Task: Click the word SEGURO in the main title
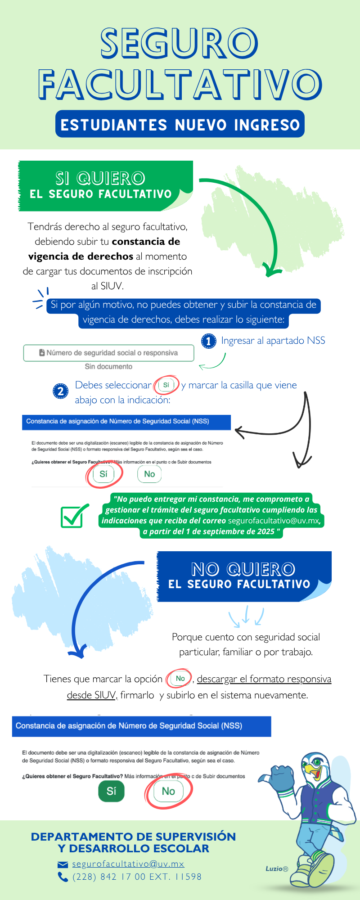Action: pos(180,43)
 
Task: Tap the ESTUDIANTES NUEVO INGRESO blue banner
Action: pos(180,124)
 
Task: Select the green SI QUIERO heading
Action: pos(100,178)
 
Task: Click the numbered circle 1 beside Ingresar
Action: pos(208,341)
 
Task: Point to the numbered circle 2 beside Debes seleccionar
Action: pos(60,391)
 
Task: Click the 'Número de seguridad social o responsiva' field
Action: pos(108,353)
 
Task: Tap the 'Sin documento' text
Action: pos(108,367)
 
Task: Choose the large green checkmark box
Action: pos(73,517)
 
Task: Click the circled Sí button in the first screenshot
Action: pos(103,474)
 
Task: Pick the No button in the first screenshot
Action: pos(149,474)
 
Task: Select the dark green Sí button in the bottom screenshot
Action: pos(111,791)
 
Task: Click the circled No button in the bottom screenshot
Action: pos(168,791)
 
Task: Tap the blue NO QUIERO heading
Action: pos(243,569)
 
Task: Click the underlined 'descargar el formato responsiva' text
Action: pos(264,679)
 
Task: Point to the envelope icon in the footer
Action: pos(63,864)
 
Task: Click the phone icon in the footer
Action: pos(63,877)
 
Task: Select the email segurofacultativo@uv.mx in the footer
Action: pos(128,864)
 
